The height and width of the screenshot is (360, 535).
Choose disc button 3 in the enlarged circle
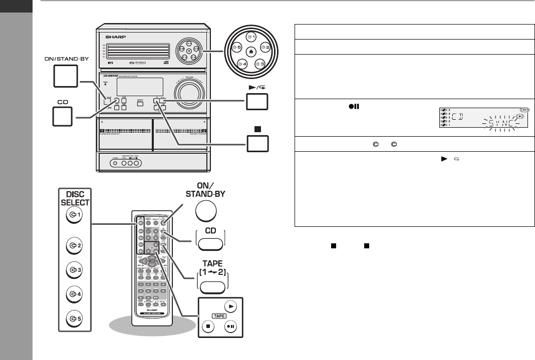pyautogui.click(x=259, y=65)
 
